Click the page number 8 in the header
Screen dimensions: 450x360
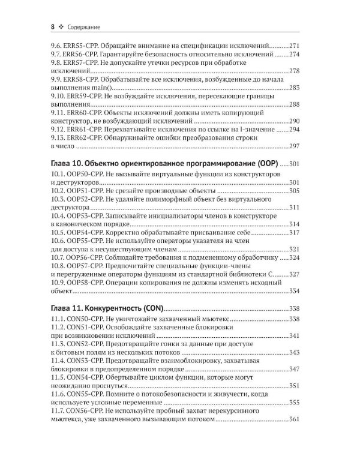53,26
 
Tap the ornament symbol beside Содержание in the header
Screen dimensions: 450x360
62,27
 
